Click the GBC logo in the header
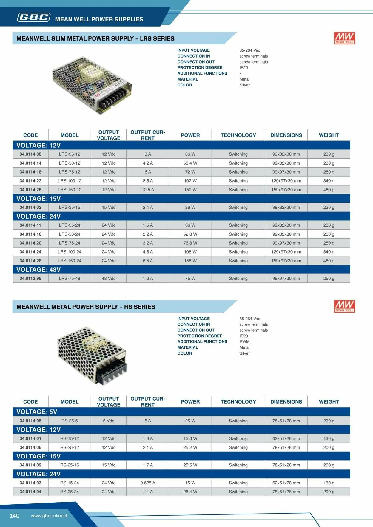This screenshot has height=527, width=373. pos(34,18)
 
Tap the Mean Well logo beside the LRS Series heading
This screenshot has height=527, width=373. pos(344,38)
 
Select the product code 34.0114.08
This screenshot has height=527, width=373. pos(30,154)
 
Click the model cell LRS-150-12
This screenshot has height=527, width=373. pos(70,190)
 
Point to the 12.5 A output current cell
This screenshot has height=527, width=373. pos(148,190)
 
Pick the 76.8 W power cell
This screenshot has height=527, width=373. pos(190,243)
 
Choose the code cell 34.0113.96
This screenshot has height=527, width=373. pos(30,279)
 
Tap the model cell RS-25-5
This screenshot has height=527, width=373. pos(70,421)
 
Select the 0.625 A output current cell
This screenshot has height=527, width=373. pos(148,483)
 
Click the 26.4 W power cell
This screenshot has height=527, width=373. pos(190,492)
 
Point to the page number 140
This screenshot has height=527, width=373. pos(14,516)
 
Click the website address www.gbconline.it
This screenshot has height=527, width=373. pos(49,516)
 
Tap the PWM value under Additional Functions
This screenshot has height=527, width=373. pos(244,342)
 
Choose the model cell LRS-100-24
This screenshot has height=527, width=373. pos(70,252)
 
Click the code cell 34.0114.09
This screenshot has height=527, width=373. pos(30,465)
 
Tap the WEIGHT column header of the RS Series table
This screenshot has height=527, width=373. pos(329,402)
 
